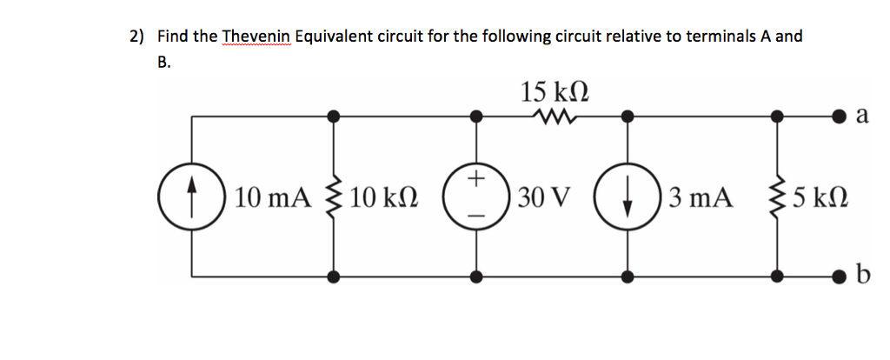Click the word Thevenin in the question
click(257, 37)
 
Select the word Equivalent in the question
click(337, 37)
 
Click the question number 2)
click(137, 37)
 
